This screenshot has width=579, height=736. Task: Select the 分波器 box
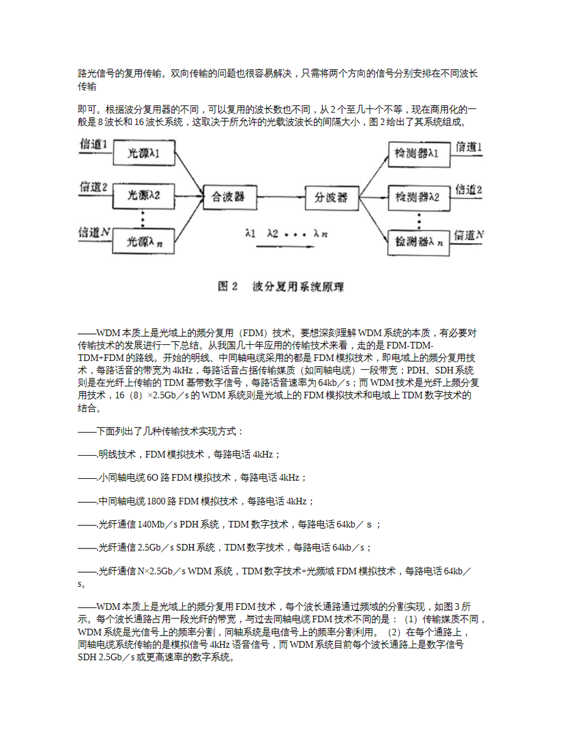333,197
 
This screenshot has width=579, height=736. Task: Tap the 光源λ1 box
143,154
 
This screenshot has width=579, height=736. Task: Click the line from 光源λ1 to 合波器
189,174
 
